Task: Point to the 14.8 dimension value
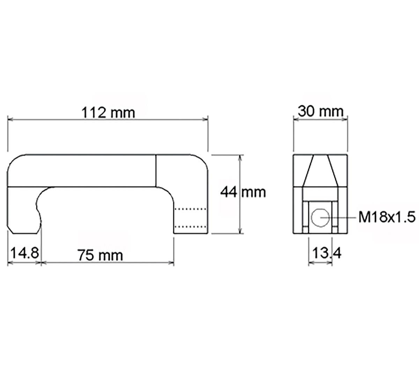[24, 252]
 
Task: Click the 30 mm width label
[320, 112]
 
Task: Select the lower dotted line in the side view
[191, 226]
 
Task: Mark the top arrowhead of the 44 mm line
[240, 158]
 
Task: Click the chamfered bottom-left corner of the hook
[10, 231]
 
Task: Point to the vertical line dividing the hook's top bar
[156, 171]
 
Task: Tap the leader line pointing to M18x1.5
[344, 218]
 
